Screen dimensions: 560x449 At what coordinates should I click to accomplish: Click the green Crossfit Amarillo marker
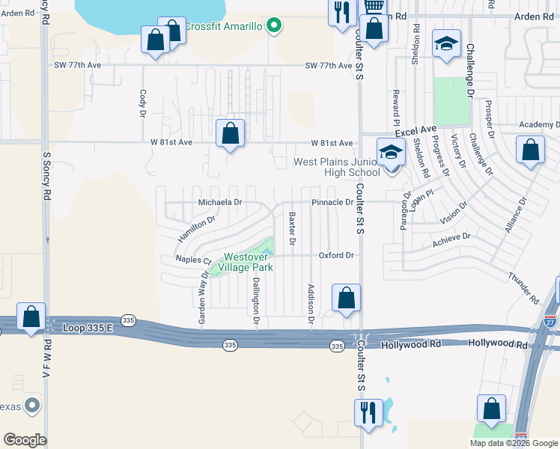(274, 26)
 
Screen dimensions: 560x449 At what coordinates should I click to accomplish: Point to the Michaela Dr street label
(220, 202)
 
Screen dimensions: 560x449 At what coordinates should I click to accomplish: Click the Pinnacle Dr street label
(332, 202)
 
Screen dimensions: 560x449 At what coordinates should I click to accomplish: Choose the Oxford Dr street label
(335, 255)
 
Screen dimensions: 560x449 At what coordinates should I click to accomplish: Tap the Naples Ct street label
(193, 260)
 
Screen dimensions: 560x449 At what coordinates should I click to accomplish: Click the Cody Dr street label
(142, 104)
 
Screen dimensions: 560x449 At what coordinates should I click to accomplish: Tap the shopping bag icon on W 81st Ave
(231, 135)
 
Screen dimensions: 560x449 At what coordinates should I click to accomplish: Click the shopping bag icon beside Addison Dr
(345, 299)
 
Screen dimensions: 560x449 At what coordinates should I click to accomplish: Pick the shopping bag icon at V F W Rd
(31, 317)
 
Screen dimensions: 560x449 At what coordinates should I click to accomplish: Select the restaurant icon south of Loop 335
(368, 413)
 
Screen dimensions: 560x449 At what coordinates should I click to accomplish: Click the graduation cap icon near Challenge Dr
(446, 45)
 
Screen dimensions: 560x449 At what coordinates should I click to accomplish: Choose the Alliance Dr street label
(514, 215)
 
